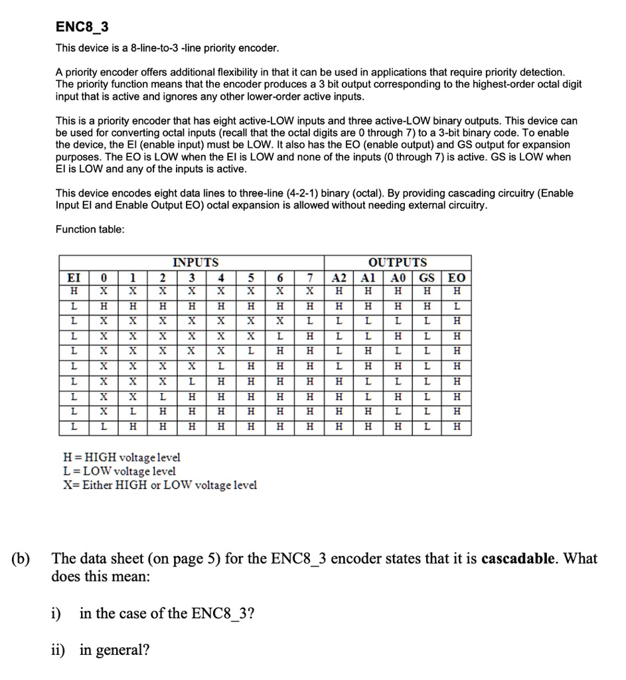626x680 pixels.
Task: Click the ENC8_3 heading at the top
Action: point(82,27)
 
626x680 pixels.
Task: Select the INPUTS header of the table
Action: point(195,262)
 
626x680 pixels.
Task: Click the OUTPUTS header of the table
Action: point(398,262)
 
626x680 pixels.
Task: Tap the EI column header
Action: point(74,278)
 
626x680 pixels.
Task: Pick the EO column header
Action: point(457,278)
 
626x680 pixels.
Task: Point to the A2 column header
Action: point(339,278)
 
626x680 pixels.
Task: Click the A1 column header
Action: point(368,278)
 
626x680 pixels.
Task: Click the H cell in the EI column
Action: point(74,292)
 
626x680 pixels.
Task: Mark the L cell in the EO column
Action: point(457,307)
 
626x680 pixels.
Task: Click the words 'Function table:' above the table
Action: point(90,229)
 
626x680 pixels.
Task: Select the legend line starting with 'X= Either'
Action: point(159,485)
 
